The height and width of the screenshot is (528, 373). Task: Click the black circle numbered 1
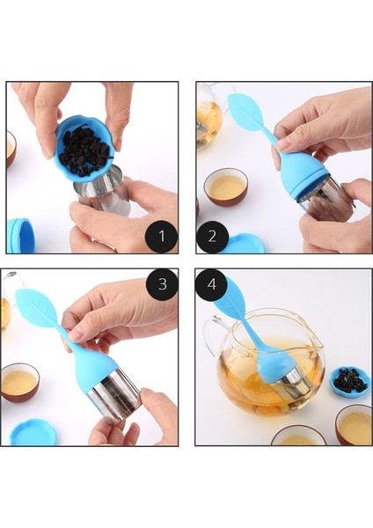click(161, 237)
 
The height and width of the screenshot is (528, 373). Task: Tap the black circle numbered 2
click(212, 237)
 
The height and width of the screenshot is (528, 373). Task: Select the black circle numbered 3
click(162, 284)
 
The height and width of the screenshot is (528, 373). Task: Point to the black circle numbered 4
click(212, 284)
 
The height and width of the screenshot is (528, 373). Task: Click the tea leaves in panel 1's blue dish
click(86, 150)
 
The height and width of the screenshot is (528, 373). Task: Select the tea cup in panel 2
click(226, 187)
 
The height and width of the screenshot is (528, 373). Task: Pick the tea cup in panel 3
click(20, 382)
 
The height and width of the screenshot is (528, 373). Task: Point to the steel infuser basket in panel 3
click(115, 393)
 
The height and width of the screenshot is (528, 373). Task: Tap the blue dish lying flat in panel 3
click(33, 432)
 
